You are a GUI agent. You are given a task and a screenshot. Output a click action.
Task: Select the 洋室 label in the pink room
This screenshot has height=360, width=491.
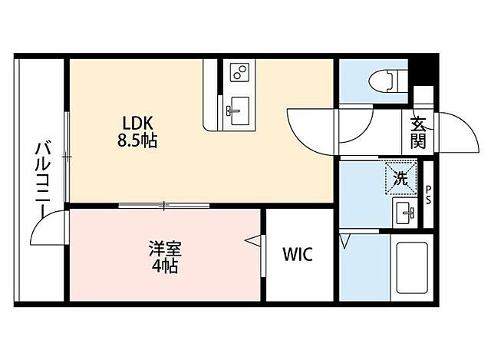[x=166, y=249]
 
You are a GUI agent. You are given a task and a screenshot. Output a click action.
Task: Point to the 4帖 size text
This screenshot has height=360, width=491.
[x=166, y=267]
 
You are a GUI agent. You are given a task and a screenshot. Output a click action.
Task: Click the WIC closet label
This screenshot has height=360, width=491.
[x=297, y=255]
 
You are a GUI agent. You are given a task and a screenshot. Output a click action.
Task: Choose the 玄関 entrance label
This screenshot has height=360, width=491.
[x=418, y=132]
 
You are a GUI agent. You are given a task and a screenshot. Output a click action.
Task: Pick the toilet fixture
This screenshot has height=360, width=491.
[x=384, y=80]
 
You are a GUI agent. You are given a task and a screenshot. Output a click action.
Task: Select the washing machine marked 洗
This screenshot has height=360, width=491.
[x=400, y=177]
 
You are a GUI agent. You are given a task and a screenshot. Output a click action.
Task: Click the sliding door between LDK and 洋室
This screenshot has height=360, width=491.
[x=164, y=205]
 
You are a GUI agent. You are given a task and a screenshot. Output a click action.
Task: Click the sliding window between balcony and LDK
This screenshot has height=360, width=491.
[x=68, y=157]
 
